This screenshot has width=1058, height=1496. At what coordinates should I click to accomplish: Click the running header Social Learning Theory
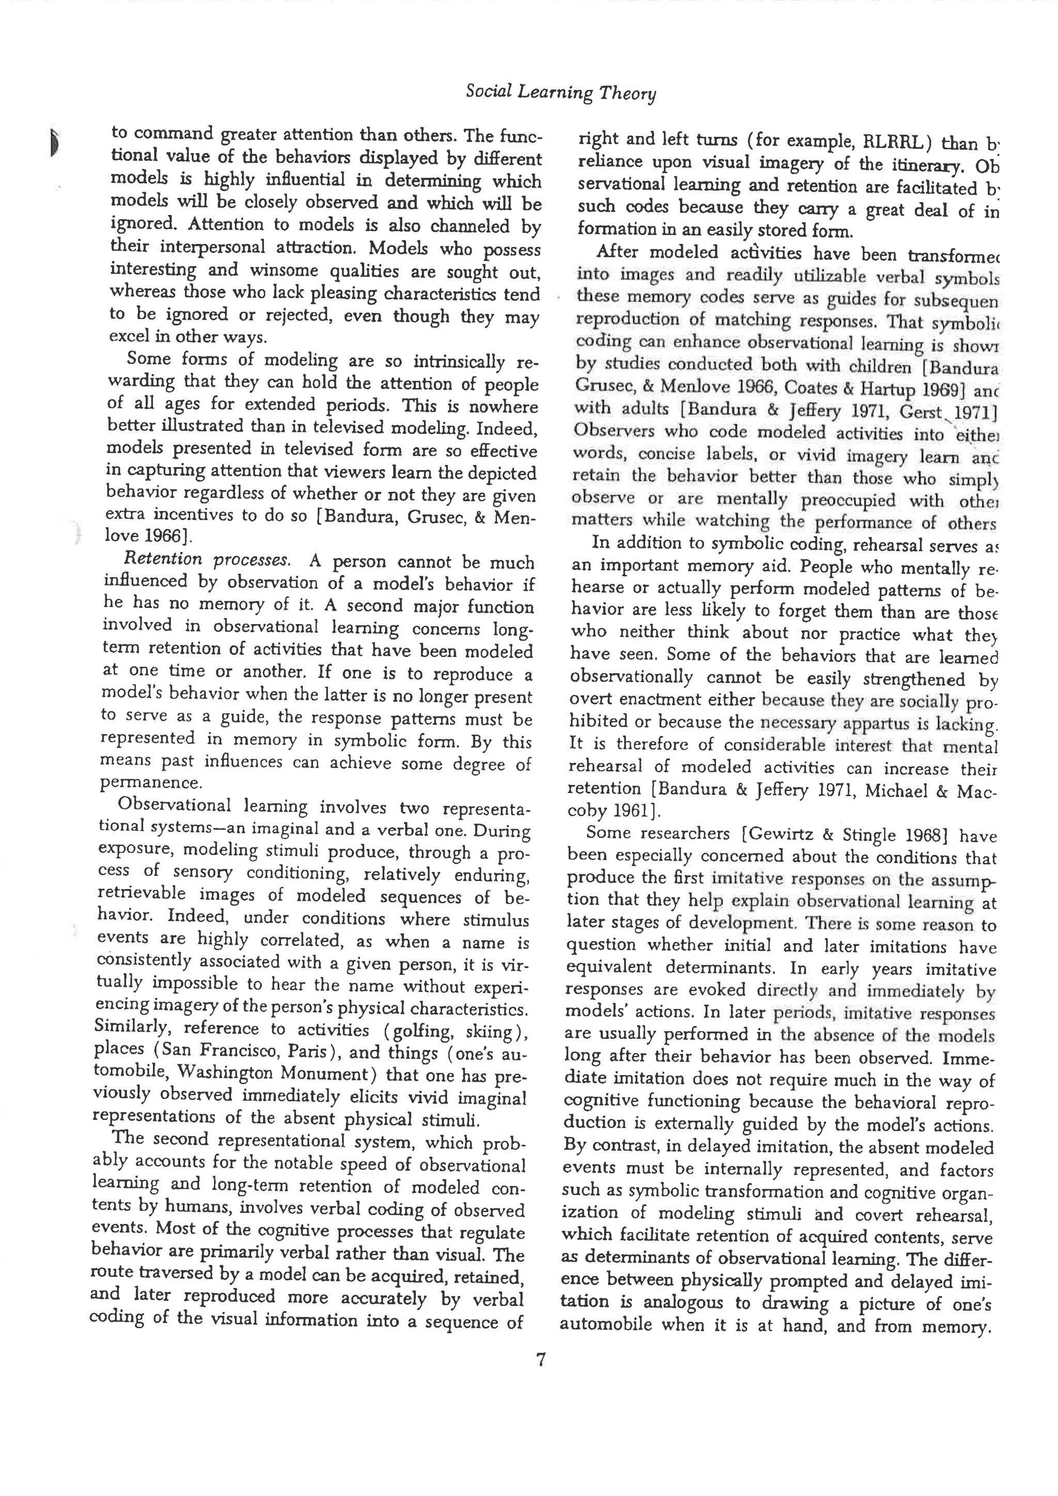click(561, 92)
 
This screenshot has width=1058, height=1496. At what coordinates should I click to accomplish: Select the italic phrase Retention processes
click(206, 559)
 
